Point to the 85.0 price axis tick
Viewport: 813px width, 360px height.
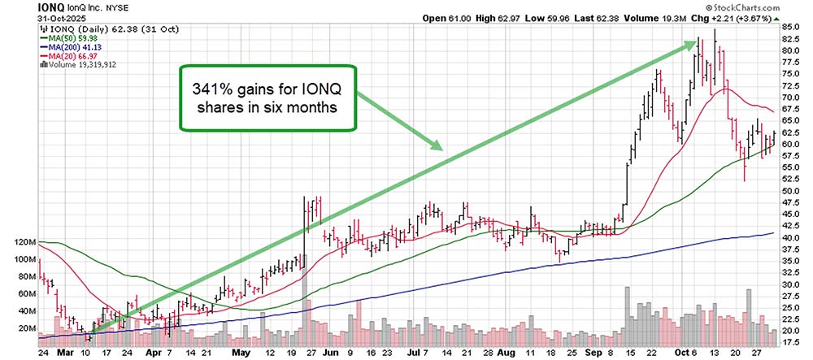[790, 27]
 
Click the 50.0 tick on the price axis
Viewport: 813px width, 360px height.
[790, 191]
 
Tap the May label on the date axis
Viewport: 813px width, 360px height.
[239, 354]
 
